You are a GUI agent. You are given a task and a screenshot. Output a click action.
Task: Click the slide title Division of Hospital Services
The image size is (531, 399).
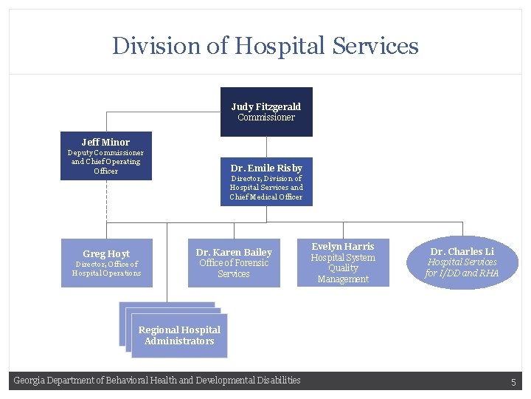[x=265, y=46]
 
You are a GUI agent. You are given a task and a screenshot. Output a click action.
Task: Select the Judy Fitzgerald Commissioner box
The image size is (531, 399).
[x=266, y=112]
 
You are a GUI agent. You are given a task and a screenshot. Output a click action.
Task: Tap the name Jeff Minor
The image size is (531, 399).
[x=105, y=142]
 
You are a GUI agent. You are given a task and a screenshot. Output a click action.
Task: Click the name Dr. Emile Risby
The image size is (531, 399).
[x=266, y=168]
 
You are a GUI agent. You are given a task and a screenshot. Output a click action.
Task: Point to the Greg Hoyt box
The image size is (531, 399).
[x=106, y=263]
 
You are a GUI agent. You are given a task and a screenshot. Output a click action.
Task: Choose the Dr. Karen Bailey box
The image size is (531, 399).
[x=234, y=263]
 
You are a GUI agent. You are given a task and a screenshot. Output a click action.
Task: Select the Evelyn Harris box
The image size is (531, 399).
[x=343, y=262]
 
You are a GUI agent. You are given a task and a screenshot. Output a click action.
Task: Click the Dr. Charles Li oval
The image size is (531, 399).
[x=462, y=262]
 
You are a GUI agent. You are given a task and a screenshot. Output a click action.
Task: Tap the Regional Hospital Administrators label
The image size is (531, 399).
[x=179, y=335]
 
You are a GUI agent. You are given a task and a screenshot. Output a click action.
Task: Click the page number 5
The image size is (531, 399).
[x=514, y=382]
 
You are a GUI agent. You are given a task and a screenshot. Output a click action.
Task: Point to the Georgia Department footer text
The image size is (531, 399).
[x=157, y=381]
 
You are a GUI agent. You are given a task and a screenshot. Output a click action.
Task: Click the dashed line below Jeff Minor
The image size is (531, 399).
[x=106, y=199]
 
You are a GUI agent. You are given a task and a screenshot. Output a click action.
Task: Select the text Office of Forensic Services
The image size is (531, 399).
[x=234, y=268]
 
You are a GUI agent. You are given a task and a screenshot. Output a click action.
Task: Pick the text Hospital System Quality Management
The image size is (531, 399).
[x=343, y=268]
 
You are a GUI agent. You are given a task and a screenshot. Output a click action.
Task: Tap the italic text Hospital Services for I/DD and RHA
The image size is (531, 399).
[x=462, y=267]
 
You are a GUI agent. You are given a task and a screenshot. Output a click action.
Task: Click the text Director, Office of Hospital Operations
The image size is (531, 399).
[x=106, y=269]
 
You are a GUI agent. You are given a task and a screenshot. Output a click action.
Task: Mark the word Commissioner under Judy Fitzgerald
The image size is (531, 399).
[x=266, y=117]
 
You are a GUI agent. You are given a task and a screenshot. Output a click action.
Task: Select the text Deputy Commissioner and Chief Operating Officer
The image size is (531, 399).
[x=105, y=162]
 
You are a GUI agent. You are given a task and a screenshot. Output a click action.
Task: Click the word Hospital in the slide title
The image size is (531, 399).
[x=281, y=46]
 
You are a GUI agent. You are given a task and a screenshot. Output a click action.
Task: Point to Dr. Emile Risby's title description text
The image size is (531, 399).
[x=266, y=188]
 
